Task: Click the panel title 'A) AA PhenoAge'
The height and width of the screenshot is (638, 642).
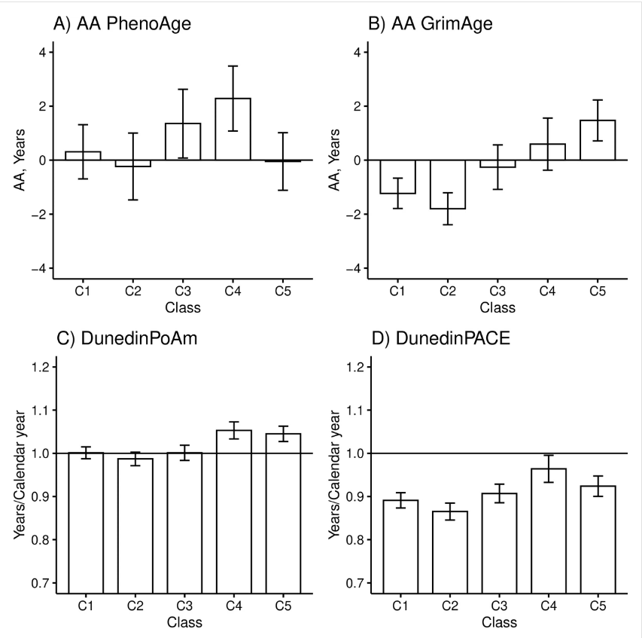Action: point(121,23)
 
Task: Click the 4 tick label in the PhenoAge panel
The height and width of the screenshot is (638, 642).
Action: point(41,52)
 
